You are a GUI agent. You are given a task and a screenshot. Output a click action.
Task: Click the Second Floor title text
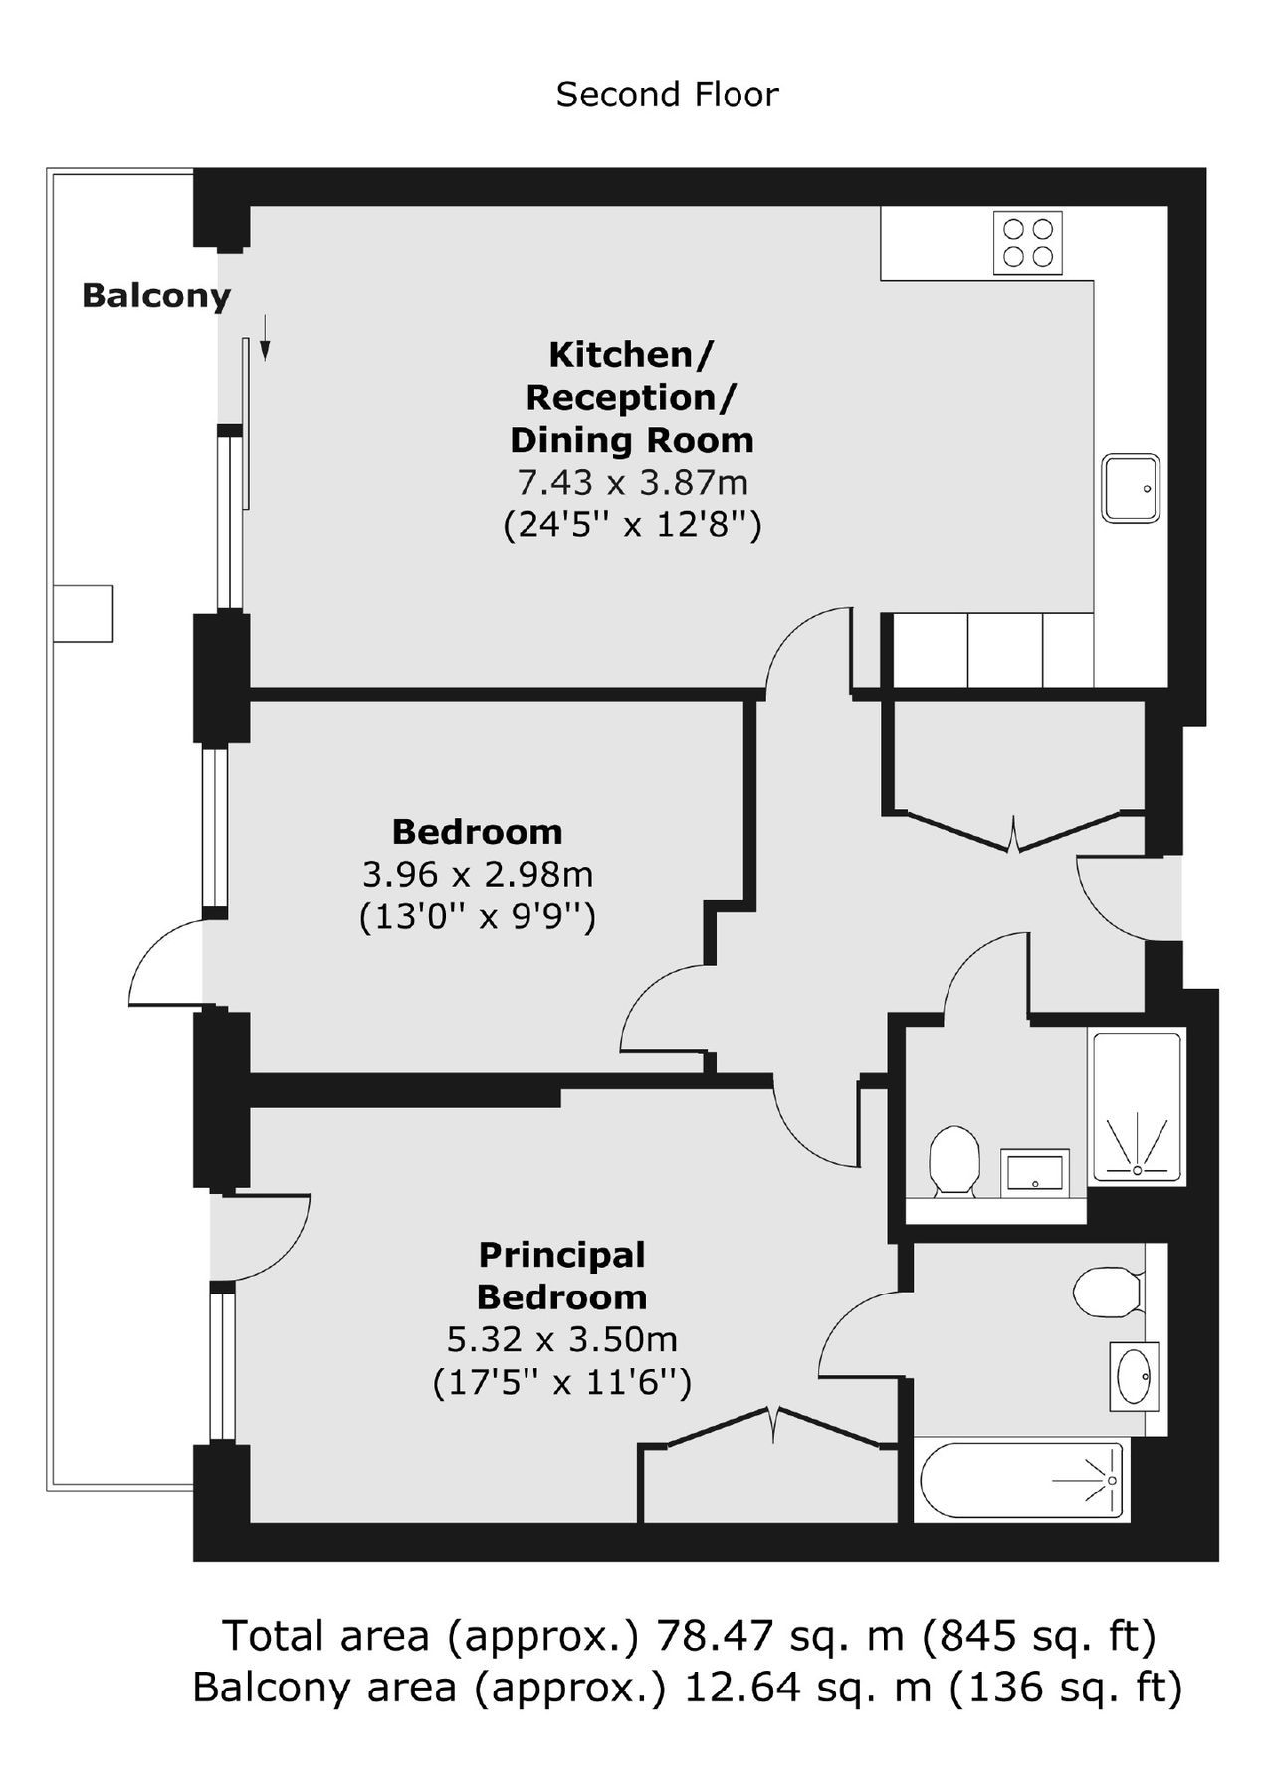tap(667, 95)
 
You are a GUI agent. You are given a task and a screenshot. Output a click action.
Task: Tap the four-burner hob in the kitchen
tap(1027, 242)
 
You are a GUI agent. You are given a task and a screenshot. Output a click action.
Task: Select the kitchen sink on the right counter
tap(1131, 488)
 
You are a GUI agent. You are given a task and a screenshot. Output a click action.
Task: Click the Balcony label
tap(155, 296)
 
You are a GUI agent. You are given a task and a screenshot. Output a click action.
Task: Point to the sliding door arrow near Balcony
tap(265, 337)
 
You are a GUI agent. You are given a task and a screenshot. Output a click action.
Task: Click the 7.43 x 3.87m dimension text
tap(632, 482)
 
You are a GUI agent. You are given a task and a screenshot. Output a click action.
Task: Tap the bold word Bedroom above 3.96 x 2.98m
tap(477, 831)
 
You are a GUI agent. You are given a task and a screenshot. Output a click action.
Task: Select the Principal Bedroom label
tap(562, 1276)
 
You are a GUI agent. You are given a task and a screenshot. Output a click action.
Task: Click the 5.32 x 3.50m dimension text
tap(562, 1339)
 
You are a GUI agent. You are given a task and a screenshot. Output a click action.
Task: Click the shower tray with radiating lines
tap(1138, 1106)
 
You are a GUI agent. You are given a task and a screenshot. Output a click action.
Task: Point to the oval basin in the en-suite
tap(1134, 1376)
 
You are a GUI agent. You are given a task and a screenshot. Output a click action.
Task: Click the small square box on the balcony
tap(84, 613)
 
